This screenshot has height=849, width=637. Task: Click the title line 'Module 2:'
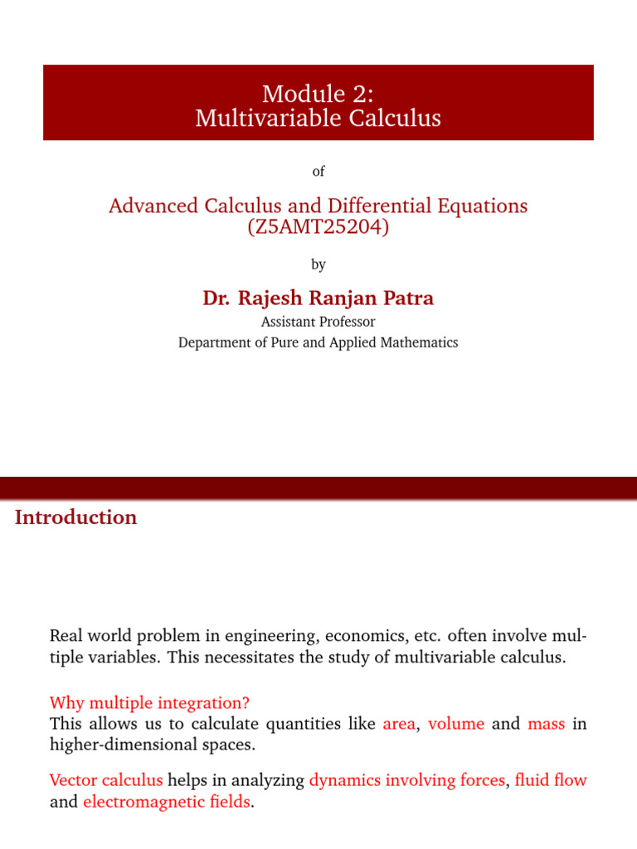[x=318, y=94]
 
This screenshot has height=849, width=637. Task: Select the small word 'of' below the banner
[x=318, y=171]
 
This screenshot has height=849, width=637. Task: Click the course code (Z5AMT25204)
[x=318, y=226]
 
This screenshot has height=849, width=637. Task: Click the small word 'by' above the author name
[x=318, y=264]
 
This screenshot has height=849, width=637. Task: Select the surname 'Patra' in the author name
[x=406, y=298]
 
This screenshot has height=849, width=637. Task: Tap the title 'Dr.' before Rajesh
[x=217, y=298]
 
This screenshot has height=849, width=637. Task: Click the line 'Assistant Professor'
[x=318, y=322]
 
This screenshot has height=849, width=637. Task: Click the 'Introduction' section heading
[x=75, y=517]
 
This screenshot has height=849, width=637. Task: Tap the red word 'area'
[x=398, y=724]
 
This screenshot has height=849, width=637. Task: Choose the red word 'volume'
[x=456, y=724]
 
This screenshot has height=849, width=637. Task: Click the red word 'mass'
[x=546, y=724]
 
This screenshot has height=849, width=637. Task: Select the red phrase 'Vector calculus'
[x=106, y=780]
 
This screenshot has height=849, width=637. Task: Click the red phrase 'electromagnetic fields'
[x=166, y=803]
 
